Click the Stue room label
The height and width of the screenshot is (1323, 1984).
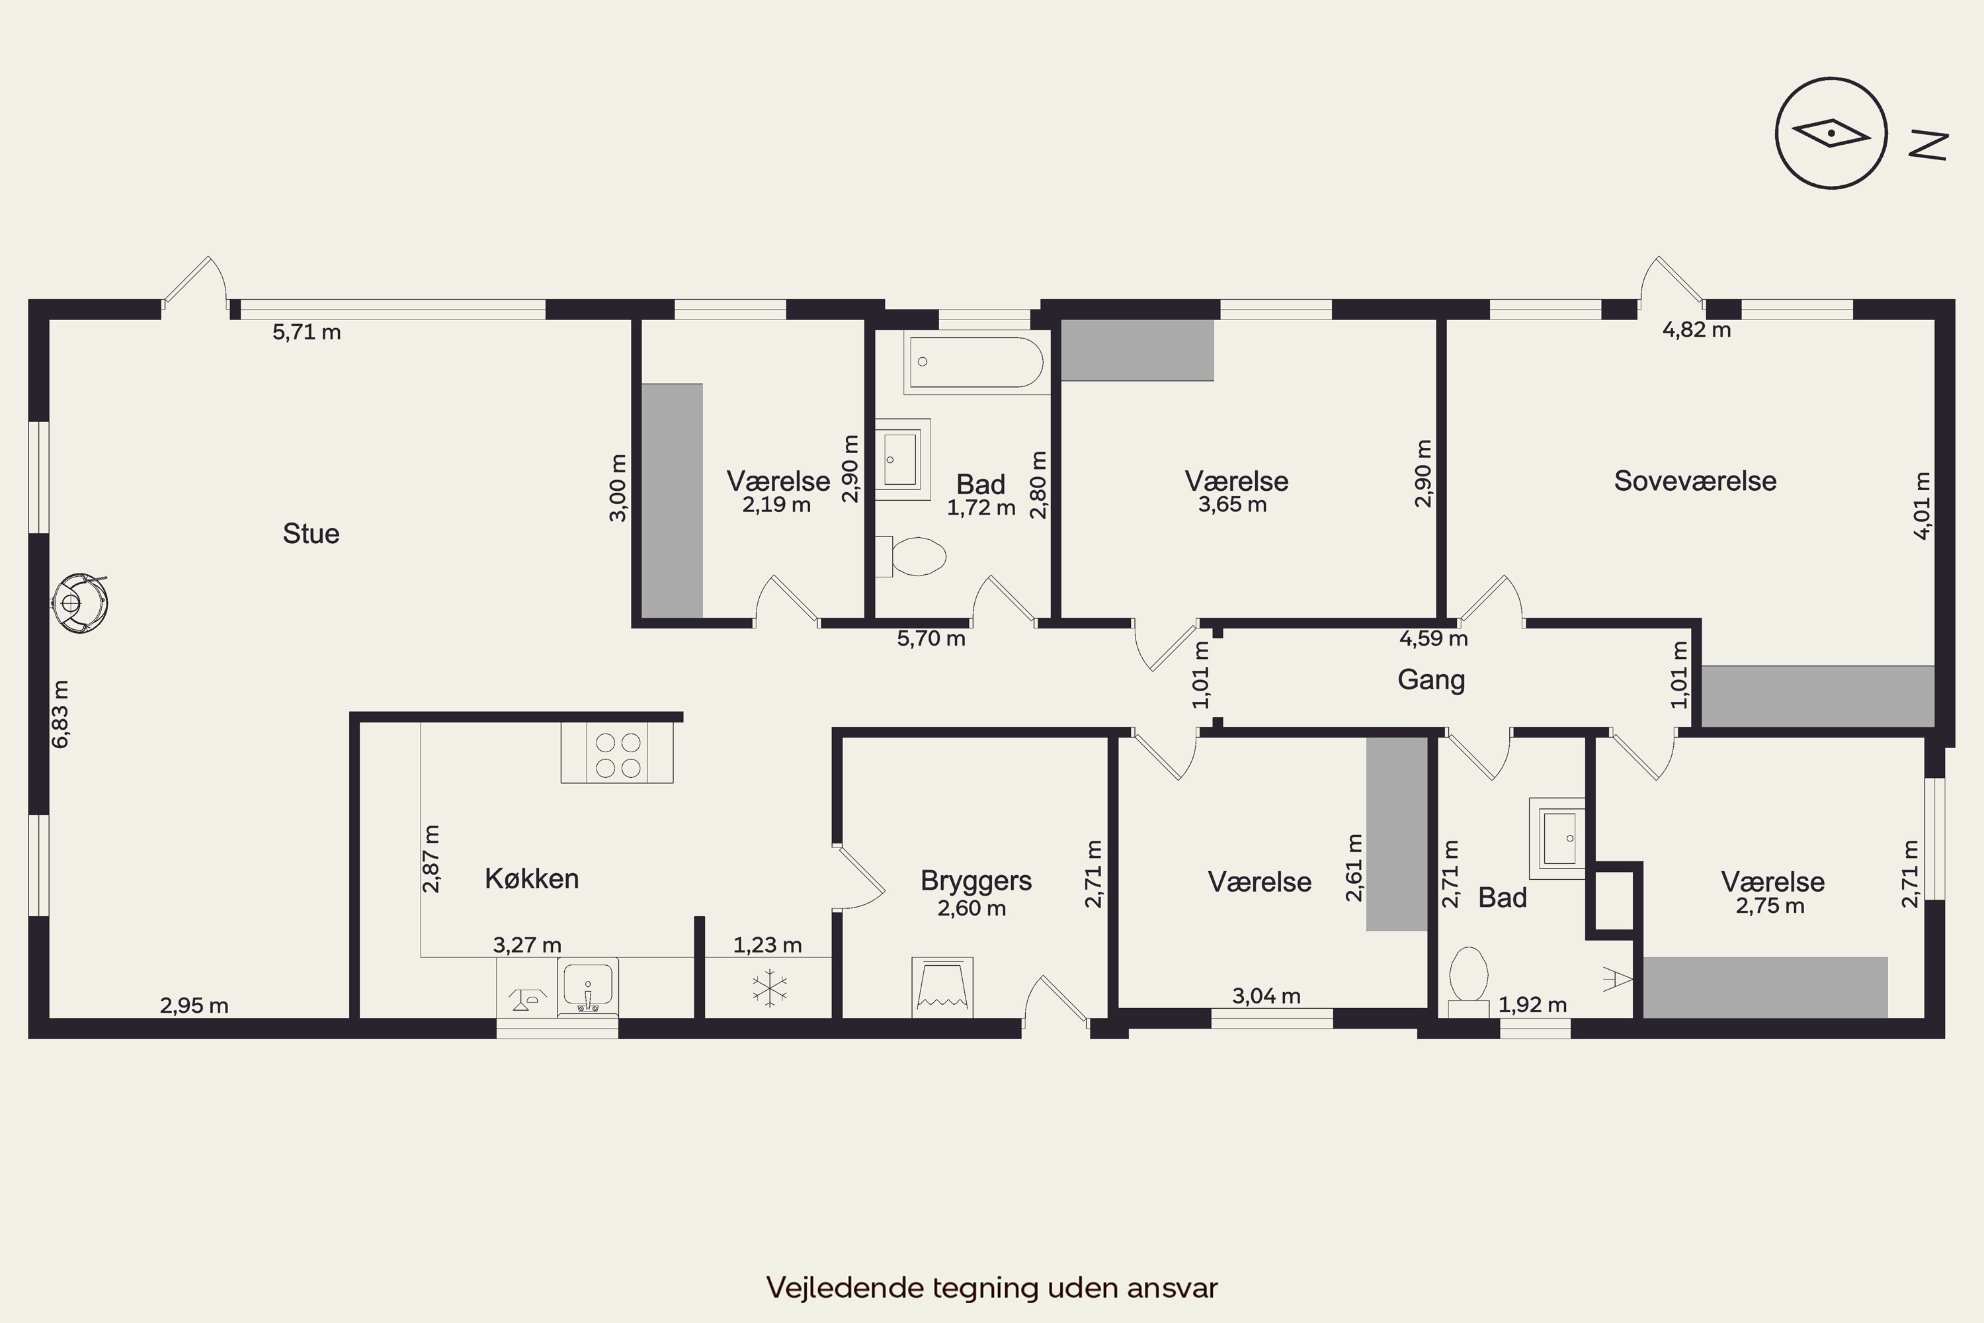311,533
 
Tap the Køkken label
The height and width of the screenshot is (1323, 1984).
532,878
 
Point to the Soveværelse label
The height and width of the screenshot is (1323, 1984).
1696,480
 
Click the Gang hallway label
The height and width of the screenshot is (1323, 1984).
1432,679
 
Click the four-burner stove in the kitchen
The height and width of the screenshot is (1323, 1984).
618,753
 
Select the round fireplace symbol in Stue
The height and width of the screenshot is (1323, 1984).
80,603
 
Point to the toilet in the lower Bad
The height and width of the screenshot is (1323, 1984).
1469,982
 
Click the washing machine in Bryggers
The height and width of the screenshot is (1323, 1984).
942,986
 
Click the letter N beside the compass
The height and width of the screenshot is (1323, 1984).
1928,144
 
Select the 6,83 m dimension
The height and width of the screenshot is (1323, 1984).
61,714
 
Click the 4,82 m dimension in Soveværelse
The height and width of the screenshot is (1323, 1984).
1696,330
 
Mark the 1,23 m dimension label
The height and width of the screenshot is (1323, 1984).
768,945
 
